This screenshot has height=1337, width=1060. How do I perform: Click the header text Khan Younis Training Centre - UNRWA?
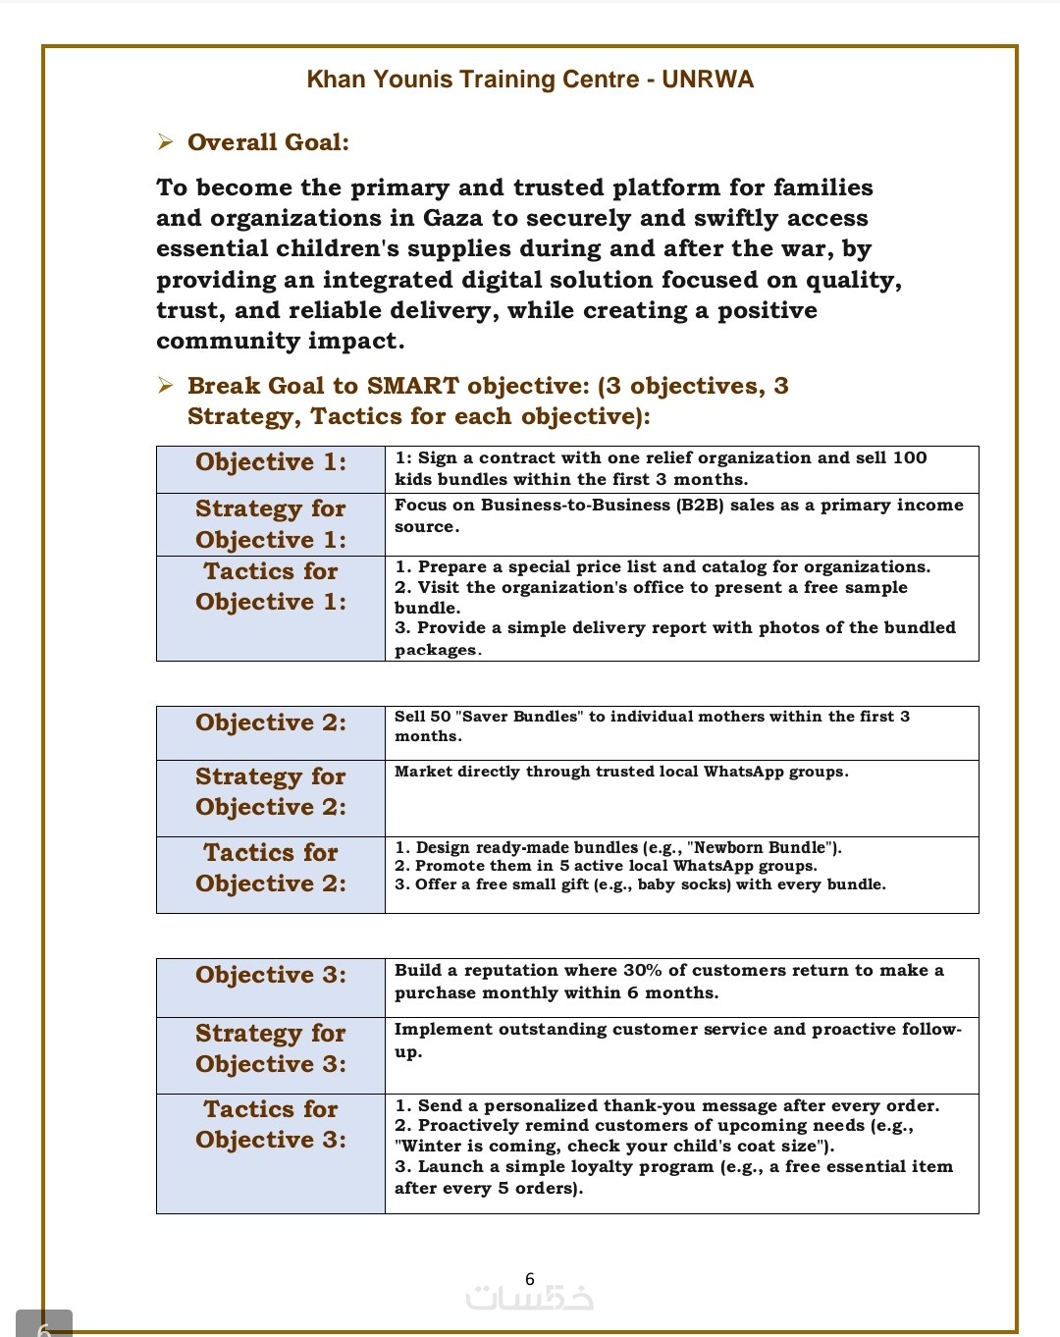pos(530,80)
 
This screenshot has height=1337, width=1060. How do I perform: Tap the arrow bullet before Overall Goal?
pos(165,142)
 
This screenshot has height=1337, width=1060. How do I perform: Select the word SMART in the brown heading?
pos(412,386)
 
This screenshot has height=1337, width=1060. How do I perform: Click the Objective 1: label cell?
pos(271,462)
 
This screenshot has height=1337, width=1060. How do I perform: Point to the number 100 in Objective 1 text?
pos(910,457)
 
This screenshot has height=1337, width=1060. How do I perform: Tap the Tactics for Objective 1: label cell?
pos(271,587)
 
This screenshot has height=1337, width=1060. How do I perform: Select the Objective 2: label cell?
pos(271,723)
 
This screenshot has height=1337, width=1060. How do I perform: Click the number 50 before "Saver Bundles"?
pos(441,717)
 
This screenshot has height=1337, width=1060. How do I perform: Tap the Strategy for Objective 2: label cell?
pos(271,792)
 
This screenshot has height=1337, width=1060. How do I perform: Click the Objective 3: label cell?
pos(271,976)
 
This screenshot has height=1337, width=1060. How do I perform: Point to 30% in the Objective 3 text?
pos(643,970)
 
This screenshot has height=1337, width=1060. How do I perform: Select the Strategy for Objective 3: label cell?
pos(271,1049)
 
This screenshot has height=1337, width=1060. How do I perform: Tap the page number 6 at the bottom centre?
pos(530,1279)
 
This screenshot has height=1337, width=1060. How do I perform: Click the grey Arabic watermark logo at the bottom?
pos(530,1299)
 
